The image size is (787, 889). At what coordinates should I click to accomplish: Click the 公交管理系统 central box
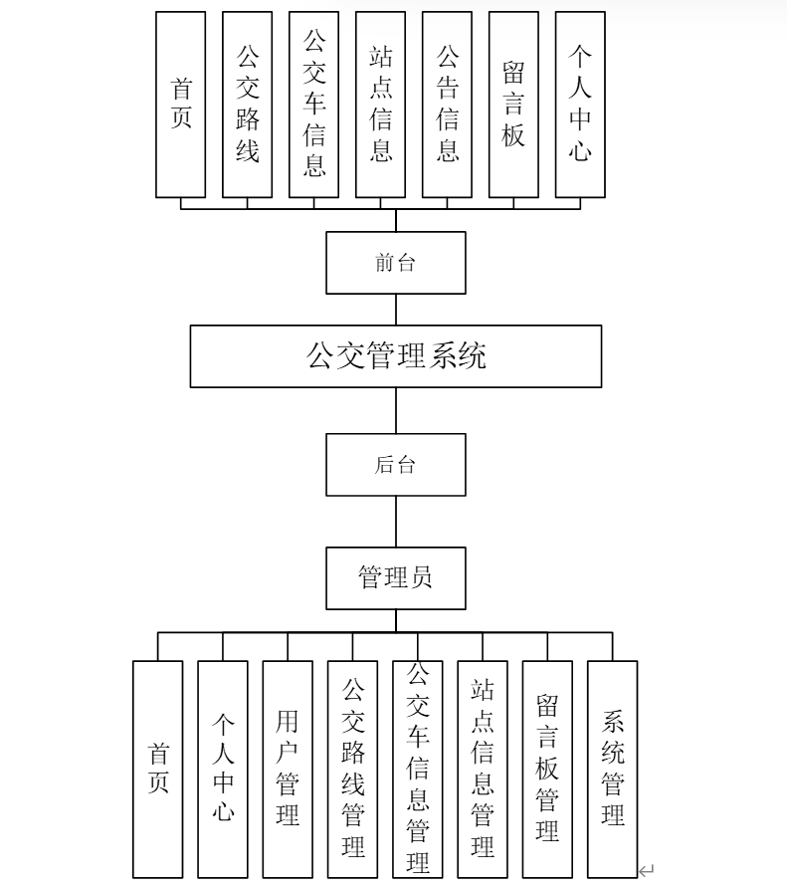(396, 355)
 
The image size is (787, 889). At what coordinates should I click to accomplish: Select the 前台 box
(396, 263)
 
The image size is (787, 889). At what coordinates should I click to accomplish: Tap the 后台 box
(396, 465)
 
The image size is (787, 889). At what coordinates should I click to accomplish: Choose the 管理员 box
(396, 577)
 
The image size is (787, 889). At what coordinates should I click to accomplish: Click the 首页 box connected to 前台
(181, 105)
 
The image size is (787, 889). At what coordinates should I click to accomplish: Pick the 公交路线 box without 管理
(248, 105)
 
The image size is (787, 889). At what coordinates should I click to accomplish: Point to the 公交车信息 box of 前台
(314, 105)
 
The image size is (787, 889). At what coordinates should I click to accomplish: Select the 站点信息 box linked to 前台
(380, 105)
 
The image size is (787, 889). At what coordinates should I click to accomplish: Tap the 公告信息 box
(447, 105)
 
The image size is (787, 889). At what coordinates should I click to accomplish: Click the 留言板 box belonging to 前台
(513, 105)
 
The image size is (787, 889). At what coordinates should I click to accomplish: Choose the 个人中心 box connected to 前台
(580, 105)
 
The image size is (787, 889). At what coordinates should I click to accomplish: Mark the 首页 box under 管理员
(158, 769)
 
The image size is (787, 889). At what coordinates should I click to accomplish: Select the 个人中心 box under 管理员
(223, 769)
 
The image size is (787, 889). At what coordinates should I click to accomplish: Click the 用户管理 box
(288, 769)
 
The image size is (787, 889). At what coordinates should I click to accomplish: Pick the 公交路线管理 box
(352, 769)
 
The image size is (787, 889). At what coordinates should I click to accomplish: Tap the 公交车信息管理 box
(418, 769)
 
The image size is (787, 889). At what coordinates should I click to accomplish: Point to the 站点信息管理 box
(483, 769)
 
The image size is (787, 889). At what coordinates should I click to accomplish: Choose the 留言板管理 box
(547, 769)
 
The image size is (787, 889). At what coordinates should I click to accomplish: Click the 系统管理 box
(612, 769)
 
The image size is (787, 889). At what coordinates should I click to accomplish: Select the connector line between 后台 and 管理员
(396, 521)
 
